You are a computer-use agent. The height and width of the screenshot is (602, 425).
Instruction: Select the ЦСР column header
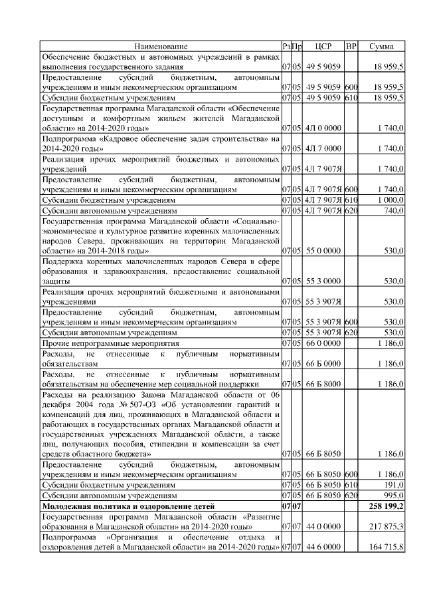click(322, 47)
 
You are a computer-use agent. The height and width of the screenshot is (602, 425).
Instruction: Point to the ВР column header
click(351, 47)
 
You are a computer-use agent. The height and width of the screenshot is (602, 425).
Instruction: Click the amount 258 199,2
click(384, 507)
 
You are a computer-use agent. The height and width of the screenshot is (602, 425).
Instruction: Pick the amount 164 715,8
click(384, 546)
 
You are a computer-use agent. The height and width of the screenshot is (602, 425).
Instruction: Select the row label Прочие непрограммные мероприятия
click(110, 343)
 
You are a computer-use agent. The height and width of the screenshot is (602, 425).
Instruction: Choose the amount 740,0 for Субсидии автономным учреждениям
click(392, 210)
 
